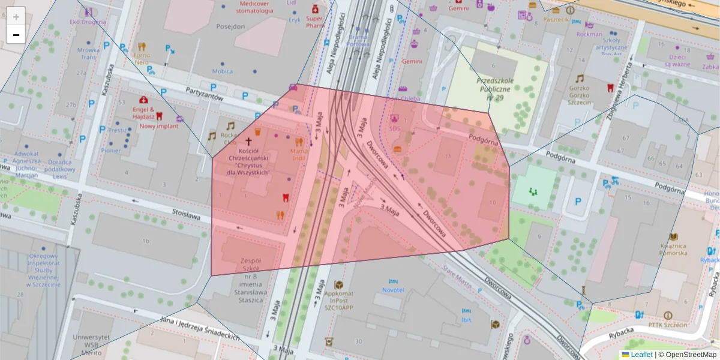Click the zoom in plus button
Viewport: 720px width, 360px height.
pyautogui.click(x=16, y=16)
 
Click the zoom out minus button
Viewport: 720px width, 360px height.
pyautogui.click(x=16, y=35)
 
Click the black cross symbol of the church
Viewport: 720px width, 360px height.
pyautogui.click(x=249, y=139)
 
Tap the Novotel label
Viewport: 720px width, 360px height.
pyautogui.click(x=393, y=290)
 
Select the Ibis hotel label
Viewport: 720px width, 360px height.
pyautogui.click(x=466, y=319)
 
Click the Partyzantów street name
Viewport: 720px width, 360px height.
pyautogui.click(x=205, y=93)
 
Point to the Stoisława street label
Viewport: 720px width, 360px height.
pyautogui.click(x=186, y=214)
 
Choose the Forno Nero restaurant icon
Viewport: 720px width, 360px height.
pyautogui.click(x=142, y=46)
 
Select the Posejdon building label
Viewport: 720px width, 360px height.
pyautogui.click(x=230, y=26)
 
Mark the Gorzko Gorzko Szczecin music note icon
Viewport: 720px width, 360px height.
pyautogui.click(x=580, y=79)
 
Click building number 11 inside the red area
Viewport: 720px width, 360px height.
pyautogui.click(x=448, y=156)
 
